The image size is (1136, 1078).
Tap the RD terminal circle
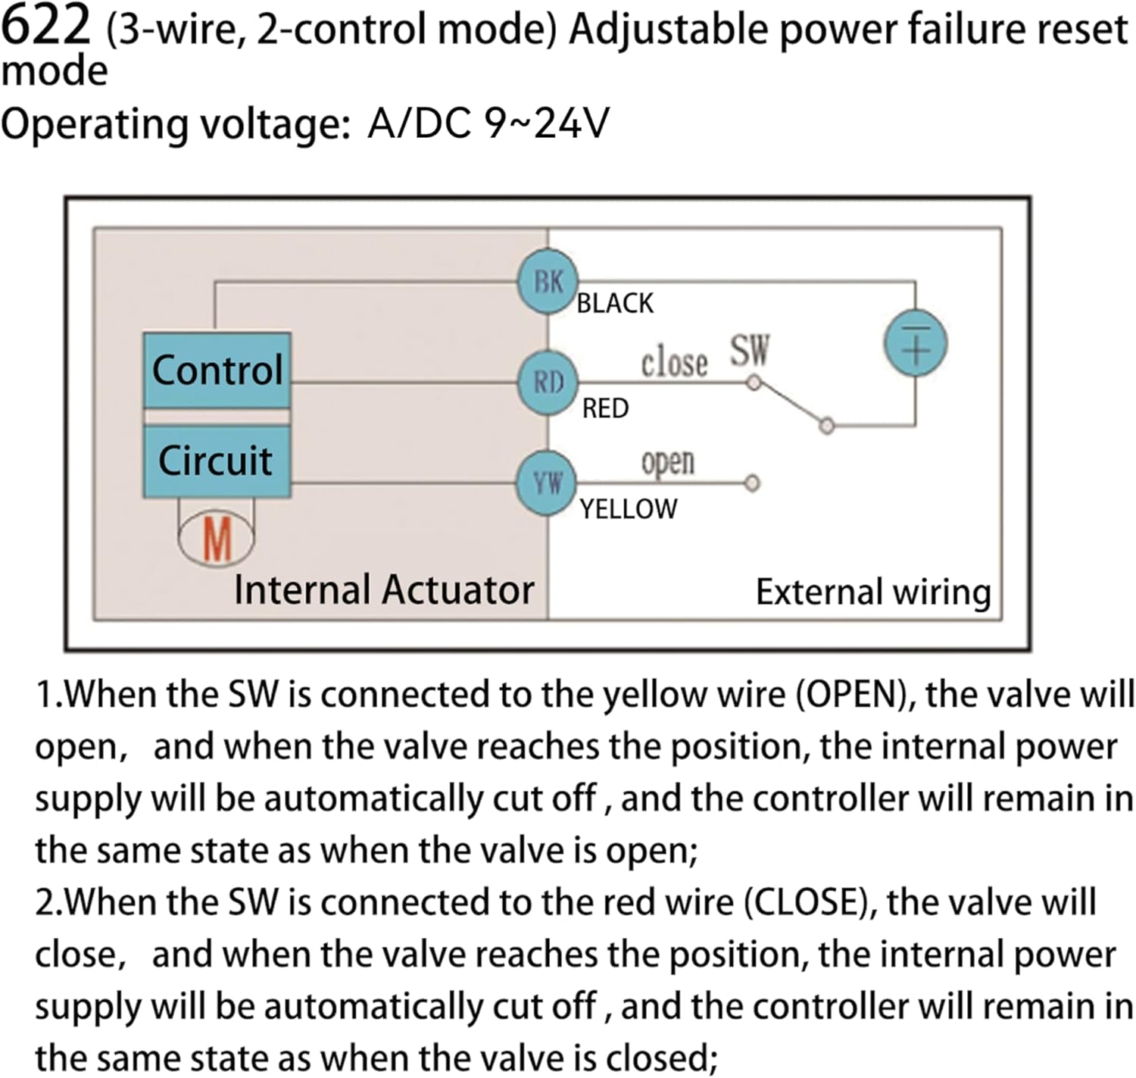click(548, 382)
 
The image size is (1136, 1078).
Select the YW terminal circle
click(547, 483)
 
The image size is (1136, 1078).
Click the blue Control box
click(217, 370)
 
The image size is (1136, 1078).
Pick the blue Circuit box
click(217, 461)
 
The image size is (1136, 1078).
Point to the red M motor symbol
click(217, 539)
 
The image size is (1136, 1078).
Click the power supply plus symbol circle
click(916, 344)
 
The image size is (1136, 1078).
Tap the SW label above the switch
click(749, 350)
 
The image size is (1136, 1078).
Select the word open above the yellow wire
click(667, 462)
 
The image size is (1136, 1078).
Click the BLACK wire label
click(615, 304)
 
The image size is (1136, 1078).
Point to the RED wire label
click(605, 409)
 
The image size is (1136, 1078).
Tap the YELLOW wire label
click(628, 509)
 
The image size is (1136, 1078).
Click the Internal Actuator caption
click(384, 590)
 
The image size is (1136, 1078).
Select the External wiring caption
click(873, 592)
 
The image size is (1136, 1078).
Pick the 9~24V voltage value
click(546, 123)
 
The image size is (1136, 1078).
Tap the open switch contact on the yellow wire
click(752, 483)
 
